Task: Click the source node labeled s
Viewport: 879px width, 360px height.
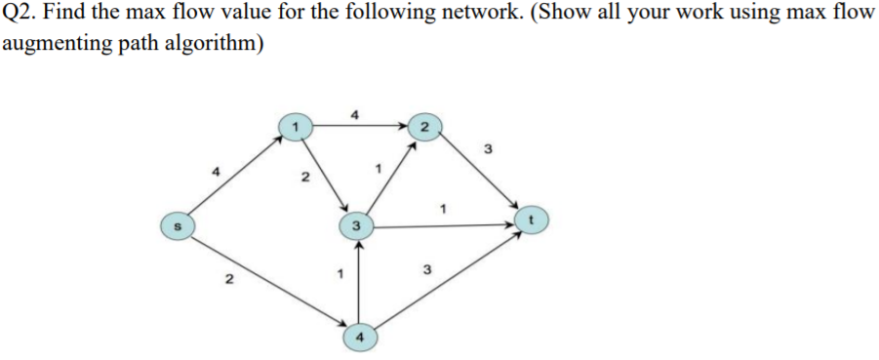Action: (x=176, y=224)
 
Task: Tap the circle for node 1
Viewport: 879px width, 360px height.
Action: (x=294, y=126)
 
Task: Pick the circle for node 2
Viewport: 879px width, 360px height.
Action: (x=424, y=126)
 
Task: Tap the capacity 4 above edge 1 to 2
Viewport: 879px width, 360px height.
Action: (x=356, y=114)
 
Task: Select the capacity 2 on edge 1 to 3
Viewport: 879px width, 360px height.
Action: (x=304, y=179)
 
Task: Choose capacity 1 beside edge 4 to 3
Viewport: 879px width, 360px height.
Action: (x=339, y=272)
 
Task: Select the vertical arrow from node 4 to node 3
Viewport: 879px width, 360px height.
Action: (x=359, y=283)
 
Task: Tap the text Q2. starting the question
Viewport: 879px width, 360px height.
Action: (x=20, y=17)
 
